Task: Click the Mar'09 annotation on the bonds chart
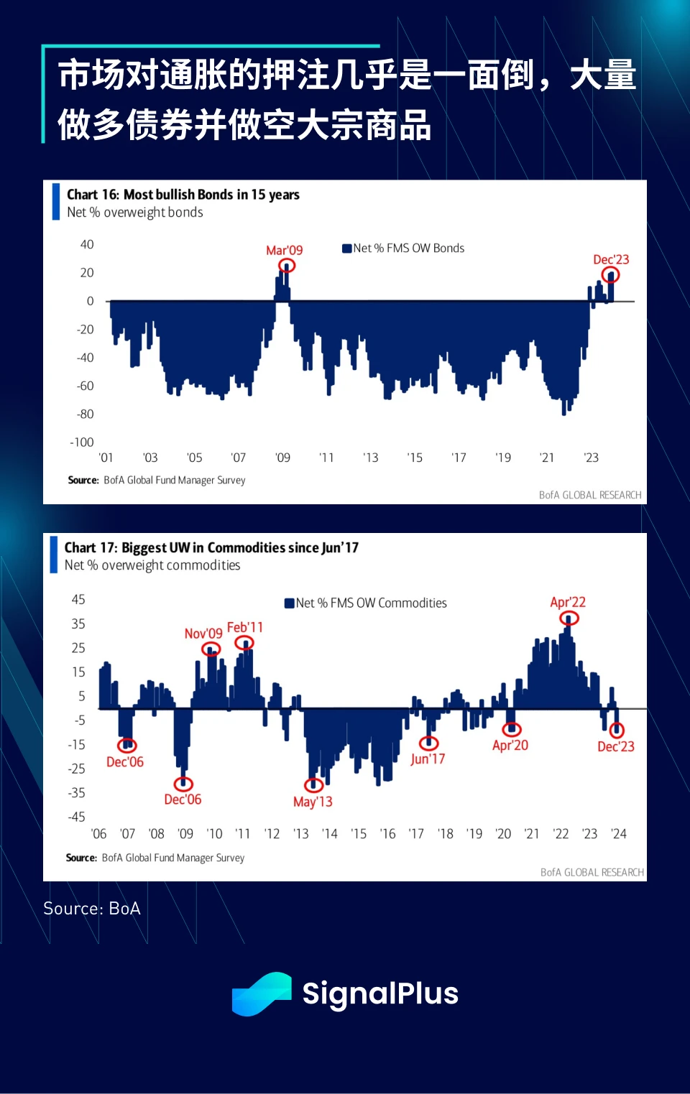[284, 250]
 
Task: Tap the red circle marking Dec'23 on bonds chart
[611, 275]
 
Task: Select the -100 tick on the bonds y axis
[82, 442]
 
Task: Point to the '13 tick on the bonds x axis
[370, 458]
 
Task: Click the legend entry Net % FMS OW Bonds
[403, 249]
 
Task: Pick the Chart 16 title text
[183, 195]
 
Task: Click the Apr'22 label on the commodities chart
[568, 602]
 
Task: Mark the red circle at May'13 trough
[313, 784]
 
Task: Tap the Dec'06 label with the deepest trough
[183, 799]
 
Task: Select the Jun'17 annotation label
[428, 759]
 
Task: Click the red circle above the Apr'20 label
[511, 730]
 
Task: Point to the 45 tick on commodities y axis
[78, 599]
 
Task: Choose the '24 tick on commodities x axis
[618, 834]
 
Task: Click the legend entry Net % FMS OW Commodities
[366, 603]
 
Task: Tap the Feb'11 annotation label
[245, 627]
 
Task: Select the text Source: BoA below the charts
[92, 909]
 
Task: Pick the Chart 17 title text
[211, 548]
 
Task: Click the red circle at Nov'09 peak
[211, 649]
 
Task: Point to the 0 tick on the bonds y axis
[90, 301]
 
